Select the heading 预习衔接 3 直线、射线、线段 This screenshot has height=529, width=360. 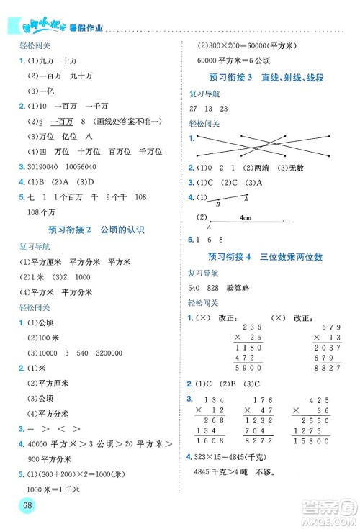[x=269, y=78]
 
